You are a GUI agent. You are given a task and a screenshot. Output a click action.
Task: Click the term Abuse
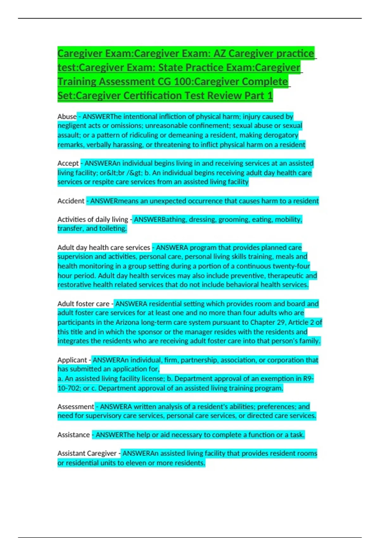click(x=67, y=116)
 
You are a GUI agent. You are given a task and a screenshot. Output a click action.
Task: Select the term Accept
click(x=68, y=163)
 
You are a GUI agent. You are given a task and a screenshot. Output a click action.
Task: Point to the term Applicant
click(x=72, y=360)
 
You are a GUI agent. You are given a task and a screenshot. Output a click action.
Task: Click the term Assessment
click(x=76, y=407)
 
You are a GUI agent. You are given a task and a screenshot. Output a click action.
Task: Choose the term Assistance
click(x=73, y=435)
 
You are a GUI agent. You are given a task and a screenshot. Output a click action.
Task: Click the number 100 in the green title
click(x=182, y=82)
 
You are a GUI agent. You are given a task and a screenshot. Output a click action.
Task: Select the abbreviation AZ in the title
click(x=219, y=53)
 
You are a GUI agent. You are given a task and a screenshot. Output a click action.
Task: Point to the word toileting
click(x=113, y=228)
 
